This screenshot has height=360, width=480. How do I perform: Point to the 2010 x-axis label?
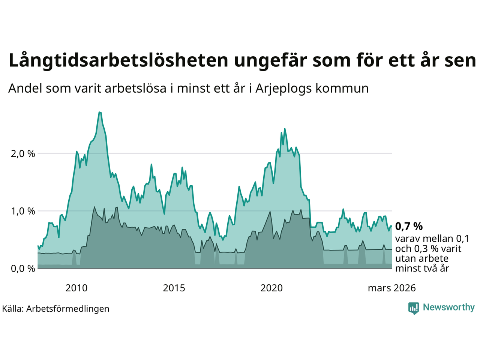coord(76,288)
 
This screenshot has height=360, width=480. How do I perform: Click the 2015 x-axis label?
coord(174,288)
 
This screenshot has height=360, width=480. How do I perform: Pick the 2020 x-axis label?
coord(271,288)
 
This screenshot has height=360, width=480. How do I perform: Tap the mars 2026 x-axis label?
coord(391,288)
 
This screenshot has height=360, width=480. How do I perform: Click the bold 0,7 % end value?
coord(409,226)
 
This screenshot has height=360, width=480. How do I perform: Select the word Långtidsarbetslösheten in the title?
coord(118,61)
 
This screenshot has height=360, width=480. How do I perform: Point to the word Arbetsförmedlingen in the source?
coord(68,309)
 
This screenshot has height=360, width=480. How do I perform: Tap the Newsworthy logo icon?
coord(414,308)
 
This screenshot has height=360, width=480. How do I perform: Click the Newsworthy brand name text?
coord(448,307)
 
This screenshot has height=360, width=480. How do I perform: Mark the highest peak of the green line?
coord(99,112)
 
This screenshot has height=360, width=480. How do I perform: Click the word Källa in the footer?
coord(13,309)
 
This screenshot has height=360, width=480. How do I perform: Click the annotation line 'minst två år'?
coord(422,268)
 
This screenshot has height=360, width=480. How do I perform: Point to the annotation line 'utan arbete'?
coord(421,258)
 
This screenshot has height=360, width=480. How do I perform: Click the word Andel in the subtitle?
coord(25,88)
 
